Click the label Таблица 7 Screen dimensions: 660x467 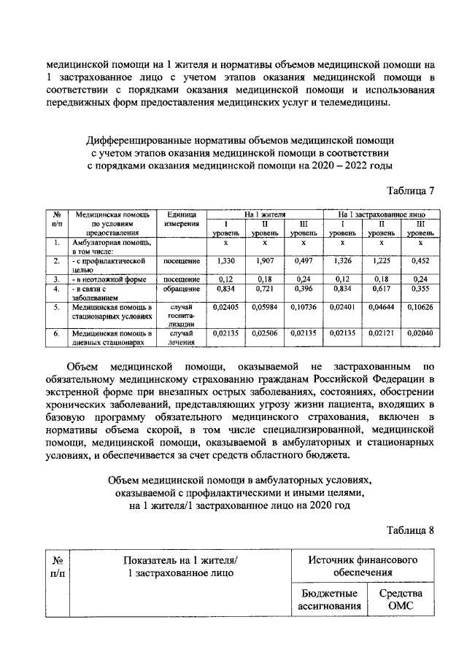click(x=410, y=192)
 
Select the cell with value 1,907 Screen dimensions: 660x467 click(x=265, y=260)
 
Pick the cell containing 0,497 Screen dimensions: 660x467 click(x=303, y=260)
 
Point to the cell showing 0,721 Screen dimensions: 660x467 click(x=265, y=289)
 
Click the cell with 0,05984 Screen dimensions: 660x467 click(x=265, y=308)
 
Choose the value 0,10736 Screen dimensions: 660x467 click(x=303, y=308)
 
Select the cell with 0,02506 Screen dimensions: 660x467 click(x=265, y=333)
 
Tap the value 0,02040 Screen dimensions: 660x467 click(x=419, y=333)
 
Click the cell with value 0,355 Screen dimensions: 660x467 click(x=419, y=289)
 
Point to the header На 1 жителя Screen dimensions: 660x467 click(x=265, y=215)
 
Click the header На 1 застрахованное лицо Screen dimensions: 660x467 click(x=381, y=215)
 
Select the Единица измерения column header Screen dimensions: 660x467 click(x=181, y=220)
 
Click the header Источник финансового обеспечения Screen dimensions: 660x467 click(x=366, y=566)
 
